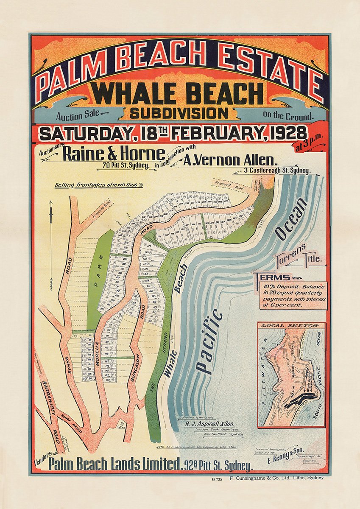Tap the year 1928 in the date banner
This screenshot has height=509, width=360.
point(284,133)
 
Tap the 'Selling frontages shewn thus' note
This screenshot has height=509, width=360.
point(98,185)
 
